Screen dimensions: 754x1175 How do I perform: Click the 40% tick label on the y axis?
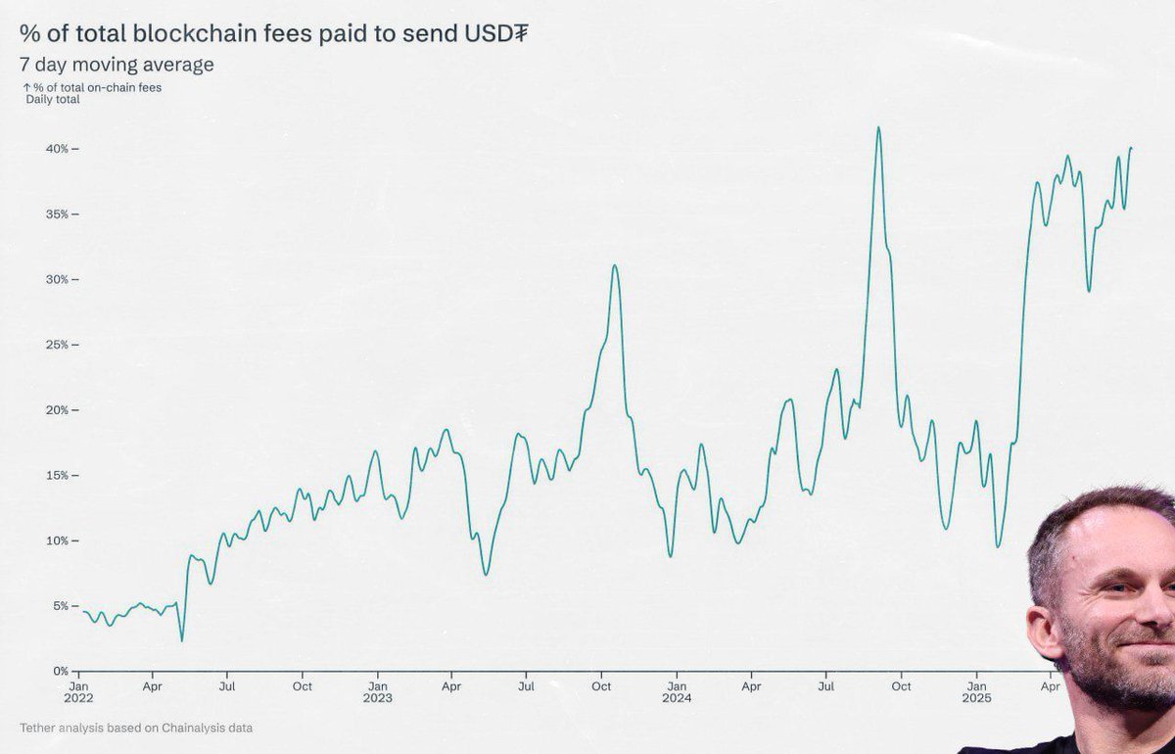(x=56, y=149)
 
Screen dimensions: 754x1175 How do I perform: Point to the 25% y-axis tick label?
(x=56, y=345)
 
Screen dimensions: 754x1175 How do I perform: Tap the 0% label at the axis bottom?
(x=61, y=672)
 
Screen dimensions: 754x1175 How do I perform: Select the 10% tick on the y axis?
(x=56, y=541)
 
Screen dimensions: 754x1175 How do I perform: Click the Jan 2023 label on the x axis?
(x=377, y=692)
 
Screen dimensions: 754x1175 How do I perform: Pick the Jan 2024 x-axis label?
(x=676, y=692)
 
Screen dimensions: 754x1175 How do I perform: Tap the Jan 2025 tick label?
(x=976, y=692)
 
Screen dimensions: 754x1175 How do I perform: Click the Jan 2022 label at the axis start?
(x=78, y=692)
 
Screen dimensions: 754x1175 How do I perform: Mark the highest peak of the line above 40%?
(x=878, y=127)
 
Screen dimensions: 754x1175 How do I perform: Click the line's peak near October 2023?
(x=614, y=265)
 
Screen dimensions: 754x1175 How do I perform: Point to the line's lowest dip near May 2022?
(x=182, y=640)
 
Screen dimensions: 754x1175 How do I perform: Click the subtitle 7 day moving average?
(x=117, y=65)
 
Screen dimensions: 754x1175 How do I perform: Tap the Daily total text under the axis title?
(x=53, y=100)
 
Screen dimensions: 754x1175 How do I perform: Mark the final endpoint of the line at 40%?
(x=1131, y=148)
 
